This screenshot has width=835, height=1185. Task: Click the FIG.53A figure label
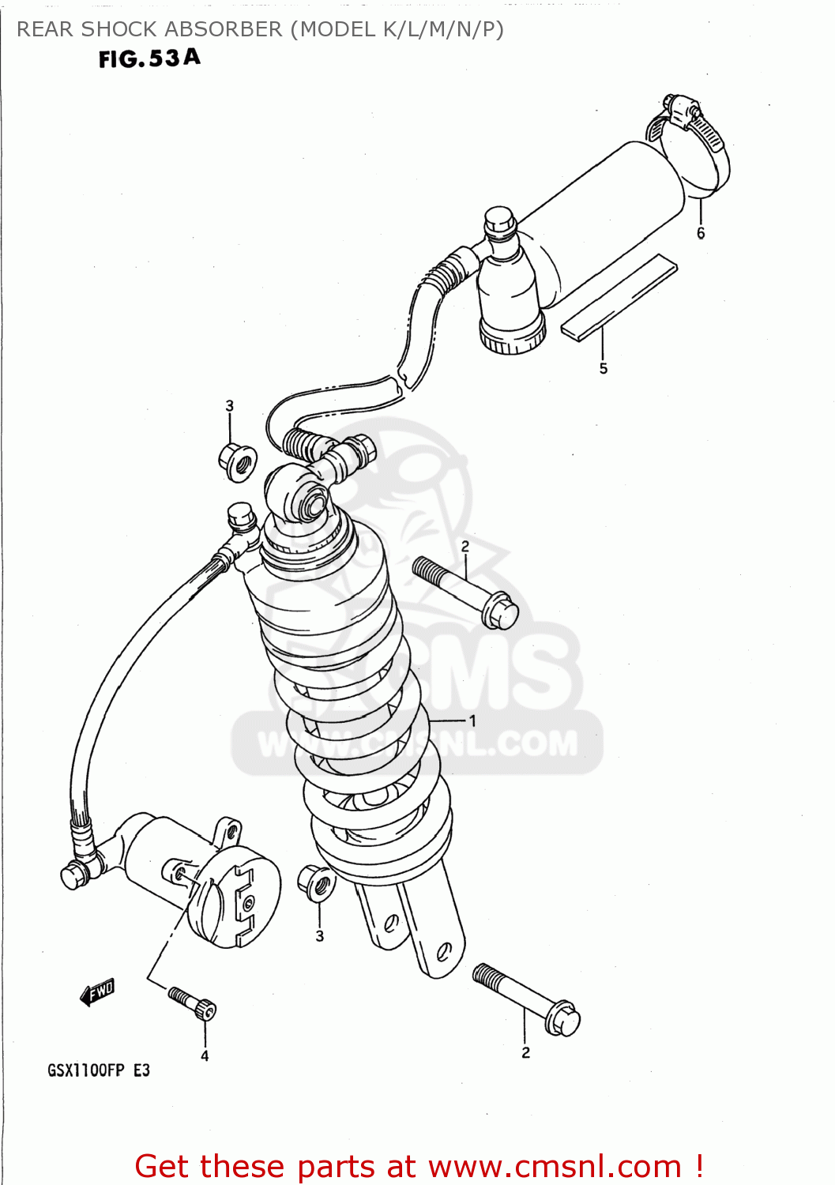coord(149,58)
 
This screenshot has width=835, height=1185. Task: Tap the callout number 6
coord(701,233)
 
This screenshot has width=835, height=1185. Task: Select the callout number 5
coord(604,368)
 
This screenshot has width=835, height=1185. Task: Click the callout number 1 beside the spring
coord(472,720)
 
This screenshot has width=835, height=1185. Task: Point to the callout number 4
coord(205,1055)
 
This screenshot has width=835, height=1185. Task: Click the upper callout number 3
coord(230,406)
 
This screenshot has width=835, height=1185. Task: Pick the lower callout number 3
coord(320,936)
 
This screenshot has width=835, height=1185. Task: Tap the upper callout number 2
coord(465,547)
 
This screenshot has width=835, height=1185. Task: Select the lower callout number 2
coord(526,1052)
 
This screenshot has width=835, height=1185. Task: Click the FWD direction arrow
coord(98,991)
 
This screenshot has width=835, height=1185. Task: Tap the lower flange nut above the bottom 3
coord(317,882)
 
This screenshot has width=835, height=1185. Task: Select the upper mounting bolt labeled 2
coord(466,592)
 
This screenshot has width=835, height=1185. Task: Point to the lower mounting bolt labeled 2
coord(527,999)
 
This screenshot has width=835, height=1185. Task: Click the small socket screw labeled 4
coord(193,1003)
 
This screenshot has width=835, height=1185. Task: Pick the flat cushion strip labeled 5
coord(619,297)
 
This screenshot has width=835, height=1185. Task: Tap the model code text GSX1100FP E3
coord(98,1070)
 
